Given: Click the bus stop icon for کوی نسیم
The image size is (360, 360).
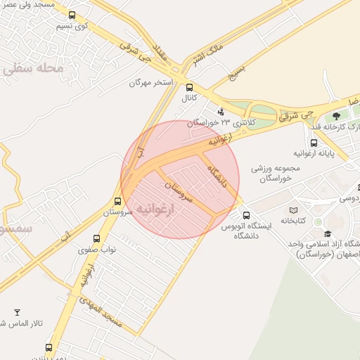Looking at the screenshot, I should [x=72, y=15].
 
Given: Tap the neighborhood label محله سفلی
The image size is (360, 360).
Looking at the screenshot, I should [x=33, y=68].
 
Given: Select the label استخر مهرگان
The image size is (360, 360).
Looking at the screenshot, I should [x=151, y=83].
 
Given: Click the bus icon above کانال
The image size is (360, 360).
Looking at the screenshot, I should [x=189, y=88].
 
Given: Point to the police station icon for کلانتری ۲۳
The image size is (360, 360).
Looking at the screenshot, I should [x=221, y=110].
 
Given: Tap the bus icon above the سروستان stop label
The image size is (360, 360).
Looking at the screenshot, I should [x=117, y=201].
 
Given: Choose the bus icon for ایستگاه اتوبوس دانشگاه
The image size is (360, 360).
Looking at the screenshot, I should [x=245, y=215].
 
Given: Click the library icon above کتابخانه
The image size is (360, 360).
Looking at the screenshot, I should [x=293, y=210].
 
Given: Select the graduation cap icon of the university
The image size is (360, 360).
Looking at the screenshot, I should [x=327, y=233].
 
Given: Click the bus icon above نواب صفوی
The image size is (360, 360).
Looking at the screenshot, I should [x=96, y=238].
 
